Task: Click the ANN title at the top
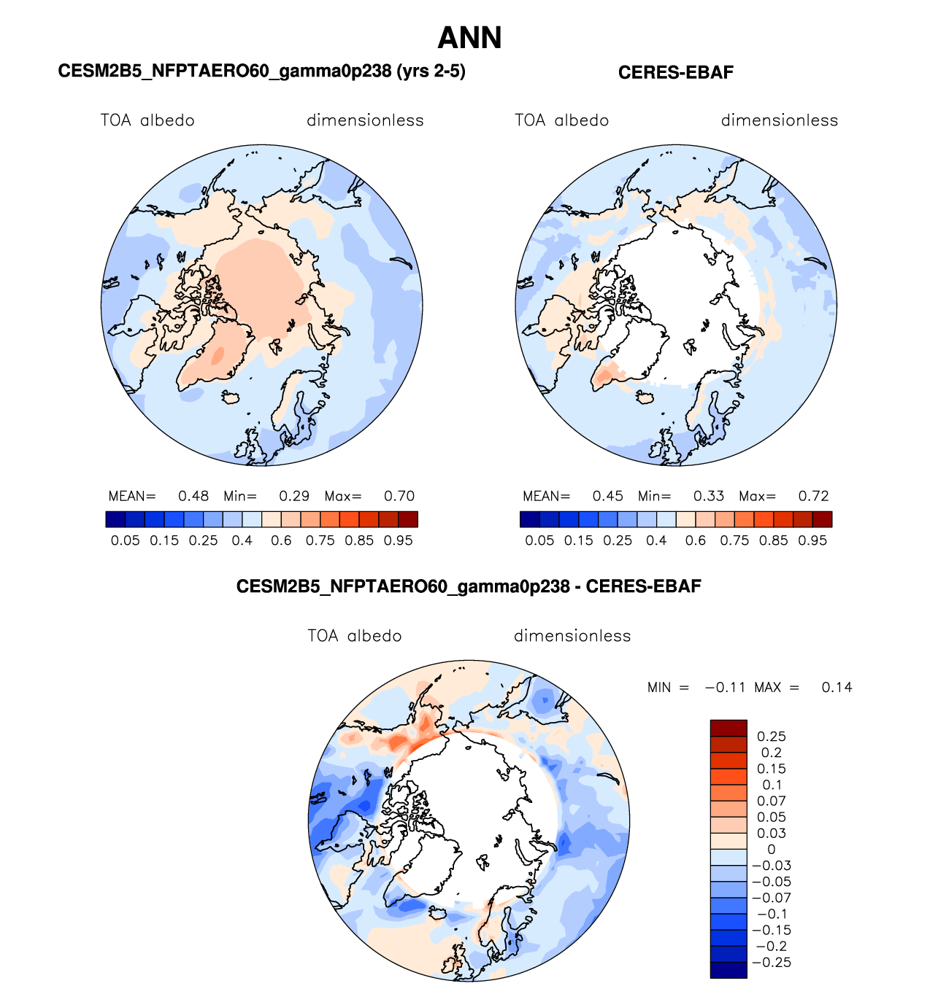click(469, 38)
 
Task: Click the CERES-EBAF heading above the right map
click(675, 72)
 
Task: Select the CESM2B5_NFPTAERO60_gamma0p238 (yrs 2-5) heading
click(261, 71)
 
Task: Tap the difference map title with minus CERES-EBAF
click(469, 586)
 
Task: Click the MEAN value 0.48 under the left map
click(193, 496)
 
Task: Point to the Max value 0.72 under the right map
click(813, 496)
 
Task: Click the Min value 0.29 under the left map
click(294, 496)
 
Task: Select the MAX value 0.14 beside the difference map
click(837, 687)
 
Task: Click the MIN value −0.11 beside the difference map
click(725, 687)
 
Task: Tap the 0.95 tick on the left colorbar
click(398, 540)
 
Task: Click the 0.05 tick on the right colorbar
click(539, 540)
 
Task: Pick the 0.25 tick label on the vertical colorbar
click(772, 737)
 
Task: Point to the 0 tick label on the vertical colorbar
click(772, 850)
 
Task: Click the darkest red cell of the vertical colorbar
click(729, 728)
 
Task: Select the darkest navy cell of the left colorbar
click(115, 519)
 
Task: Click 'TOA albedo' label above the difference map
click(355, 636)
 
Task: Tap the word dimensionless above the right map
click(780, 120)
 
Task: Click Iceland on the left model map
click(231, 398)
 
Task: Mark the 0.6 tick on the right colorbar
click(696, 540)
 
